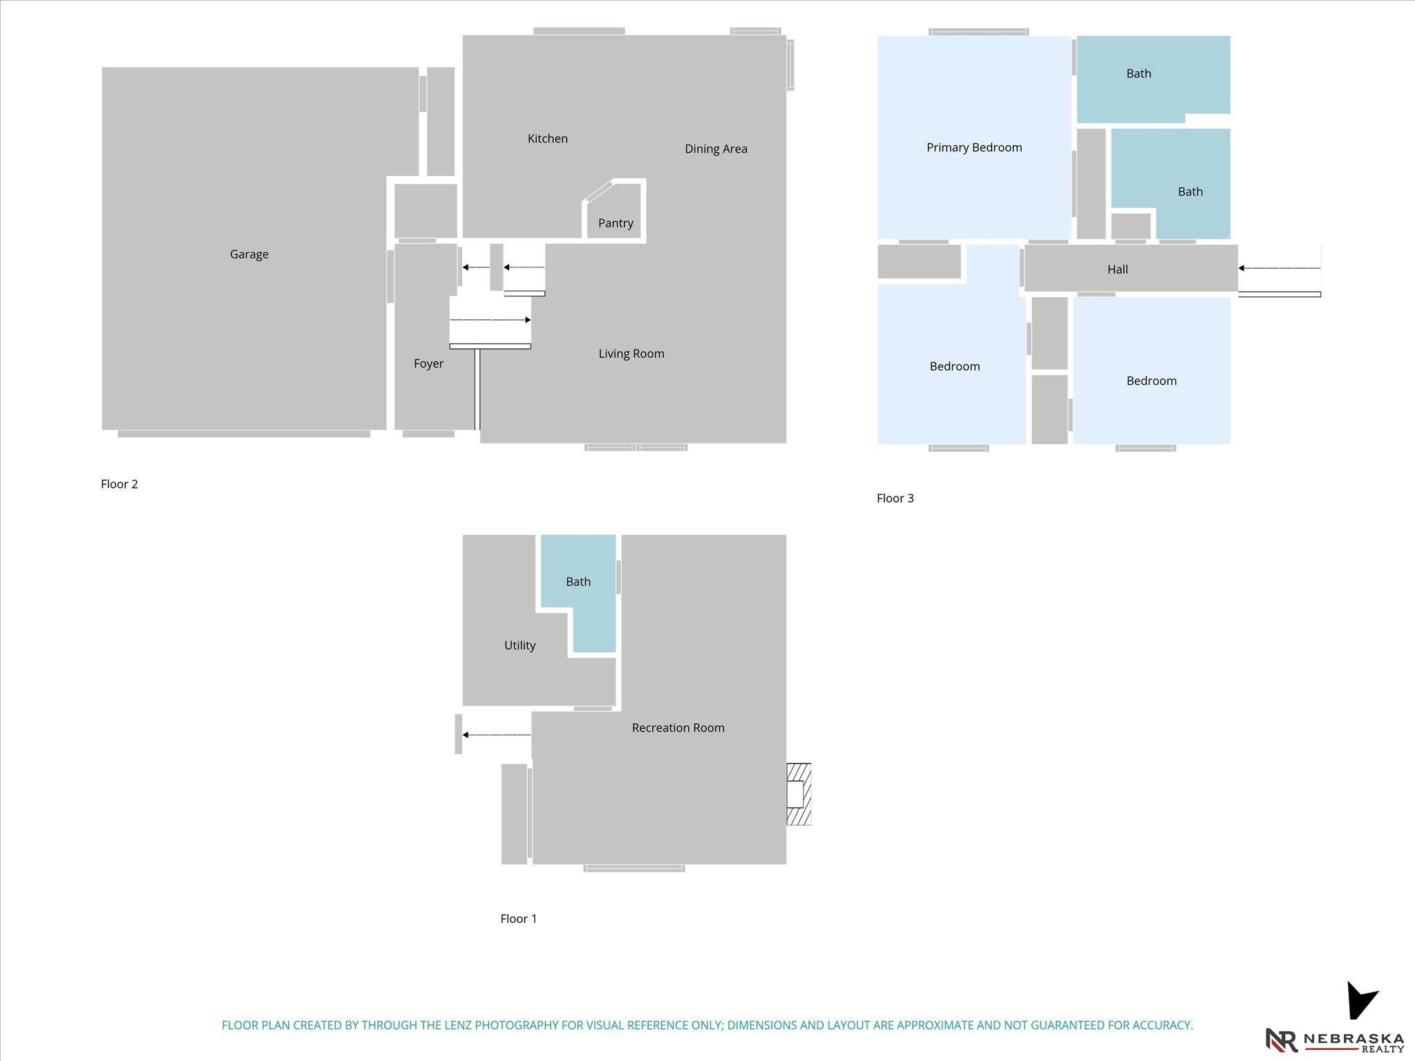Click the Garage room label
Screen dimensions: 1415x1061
click(249, 254)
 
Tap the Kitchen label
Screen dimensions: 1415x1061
click(547, 138)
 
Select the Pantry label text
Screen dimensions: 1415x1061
click(616, 223)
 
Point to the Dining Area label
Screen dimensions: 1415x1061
click(716, 149)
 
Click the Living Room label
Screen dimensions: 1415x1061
click(631, 354)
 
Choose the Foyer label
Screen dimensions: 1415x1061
click(428, 363)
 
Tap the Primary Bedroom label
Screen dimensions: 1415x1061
click(974, 147)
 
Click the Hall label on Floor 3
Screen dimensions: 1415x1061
click(1117, 269)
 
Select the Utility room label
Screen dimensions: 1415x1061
click(520, 645)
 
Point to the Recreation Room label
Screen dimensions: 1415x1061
click(678, 727)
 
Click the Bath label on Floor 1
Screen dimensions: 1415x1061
click(578, 582)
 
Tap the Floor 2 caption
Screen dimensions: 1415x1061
click(120, 484)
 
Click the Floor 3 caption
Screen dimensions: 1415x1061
click(895, 498)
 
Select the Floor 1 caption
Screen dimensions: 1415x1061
click(518, 919)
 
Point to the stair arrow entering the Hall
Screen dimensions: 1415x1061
click(1280, 268)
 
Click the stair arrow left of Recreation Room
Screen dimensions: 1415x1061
click(497, 734)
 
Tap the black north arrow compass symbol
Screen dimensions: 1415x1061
click(1360, 1000)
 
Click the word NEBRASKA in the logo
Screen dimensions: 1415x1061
click(1354, 1039)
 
